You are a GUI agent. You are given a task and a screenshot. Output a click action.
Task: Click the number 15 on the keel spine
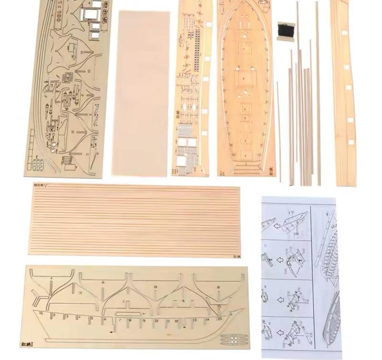click(220, 318)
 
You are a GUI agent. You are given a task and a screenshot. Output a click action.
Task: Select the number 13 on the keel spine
click(194, 319)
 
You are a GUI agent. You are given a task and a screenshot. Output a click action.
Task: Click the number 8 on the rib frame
click(218, 287)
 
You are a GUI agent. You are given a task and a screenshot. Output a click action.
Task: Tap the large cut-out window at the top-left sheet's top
click(89, 14)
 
